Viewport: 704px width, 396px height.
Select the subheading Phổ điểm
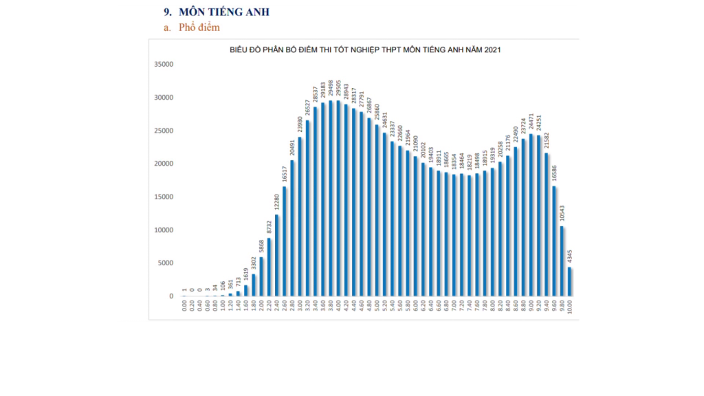(199, 27)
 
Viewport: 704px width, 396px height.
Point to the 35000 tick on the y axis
(164, 65)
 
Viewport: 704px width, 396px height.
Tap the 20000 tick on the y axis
(164, 164)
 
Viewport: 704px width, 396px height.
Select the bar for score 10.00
(570, 282)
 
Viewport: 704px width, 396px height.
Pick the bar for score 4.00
(338, 199)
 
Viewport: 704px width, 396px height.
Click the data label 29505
(338, 89)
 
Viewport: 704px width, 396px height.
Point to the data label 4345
(570, 256)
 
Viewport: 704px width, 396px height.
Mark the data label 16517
(284, 175)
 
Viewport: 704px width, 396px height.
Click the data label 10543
(562, 214)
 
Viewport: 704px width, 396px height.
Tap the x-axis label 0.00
(184, 305)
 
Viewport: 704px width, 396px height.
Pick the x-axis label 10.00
(570, 307)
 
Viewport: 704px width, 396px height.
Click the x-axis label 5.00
(377, 305)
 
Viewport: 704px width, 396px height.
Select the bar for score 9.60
(555, 241)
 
